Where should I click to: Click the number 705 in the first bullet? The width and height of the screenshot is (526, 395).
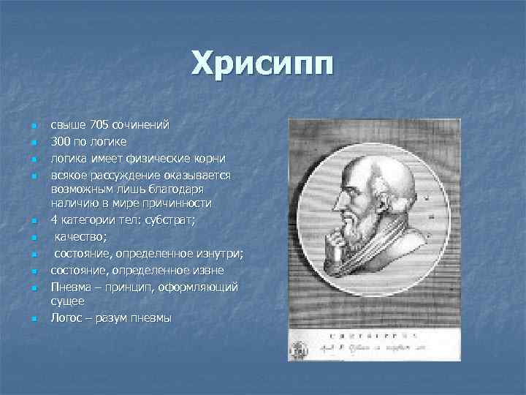tap(91, 124)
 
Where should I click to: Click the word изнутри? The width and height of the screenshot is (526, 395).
tap(217, 254)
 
